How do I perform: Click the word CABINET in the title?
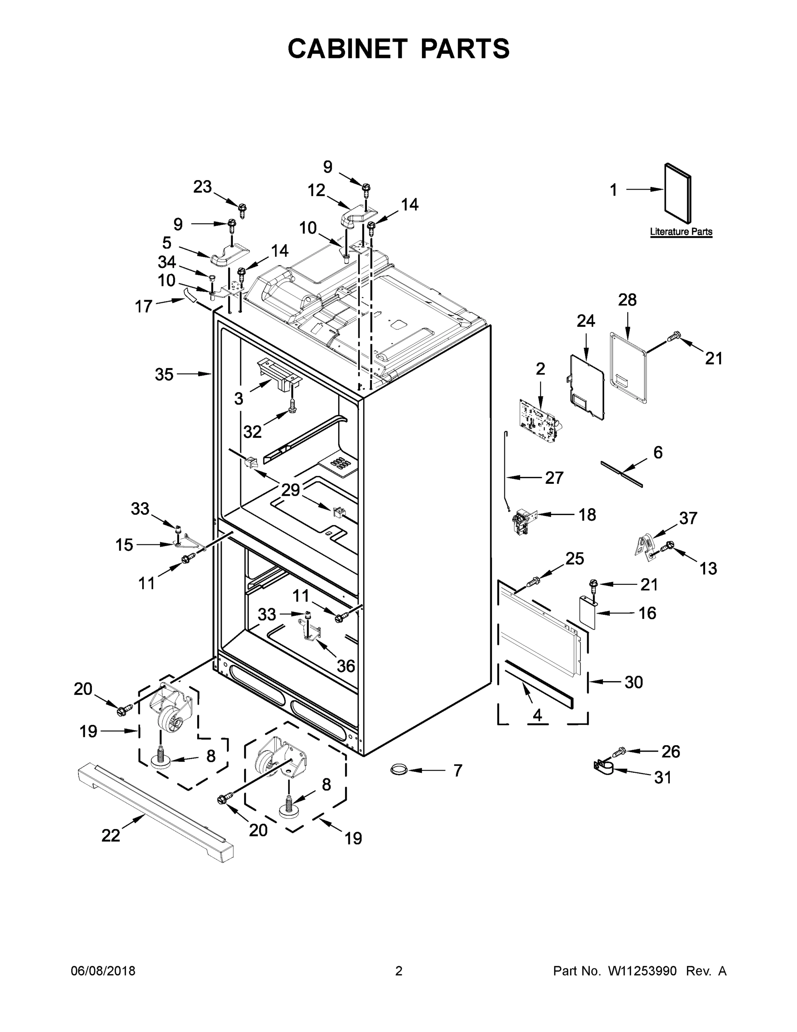(347, 49)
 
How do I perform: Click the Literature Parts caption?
(681, 231)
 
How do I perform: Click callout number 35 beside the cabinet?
(164, 374)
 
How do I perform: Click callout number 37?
(688, 518)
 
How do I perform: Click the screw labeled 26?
(620, 751)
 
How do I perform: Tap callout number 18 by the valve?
(587, 515)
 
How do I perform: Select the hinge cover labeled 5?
(229, 253)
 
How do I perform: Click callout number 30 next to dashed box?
(634, 682)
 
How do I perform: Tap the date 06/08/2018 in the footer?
(103, 971)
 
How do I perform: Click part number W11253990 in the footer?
(642, 971)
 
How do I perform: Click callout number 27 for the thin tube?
(554, 478)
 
